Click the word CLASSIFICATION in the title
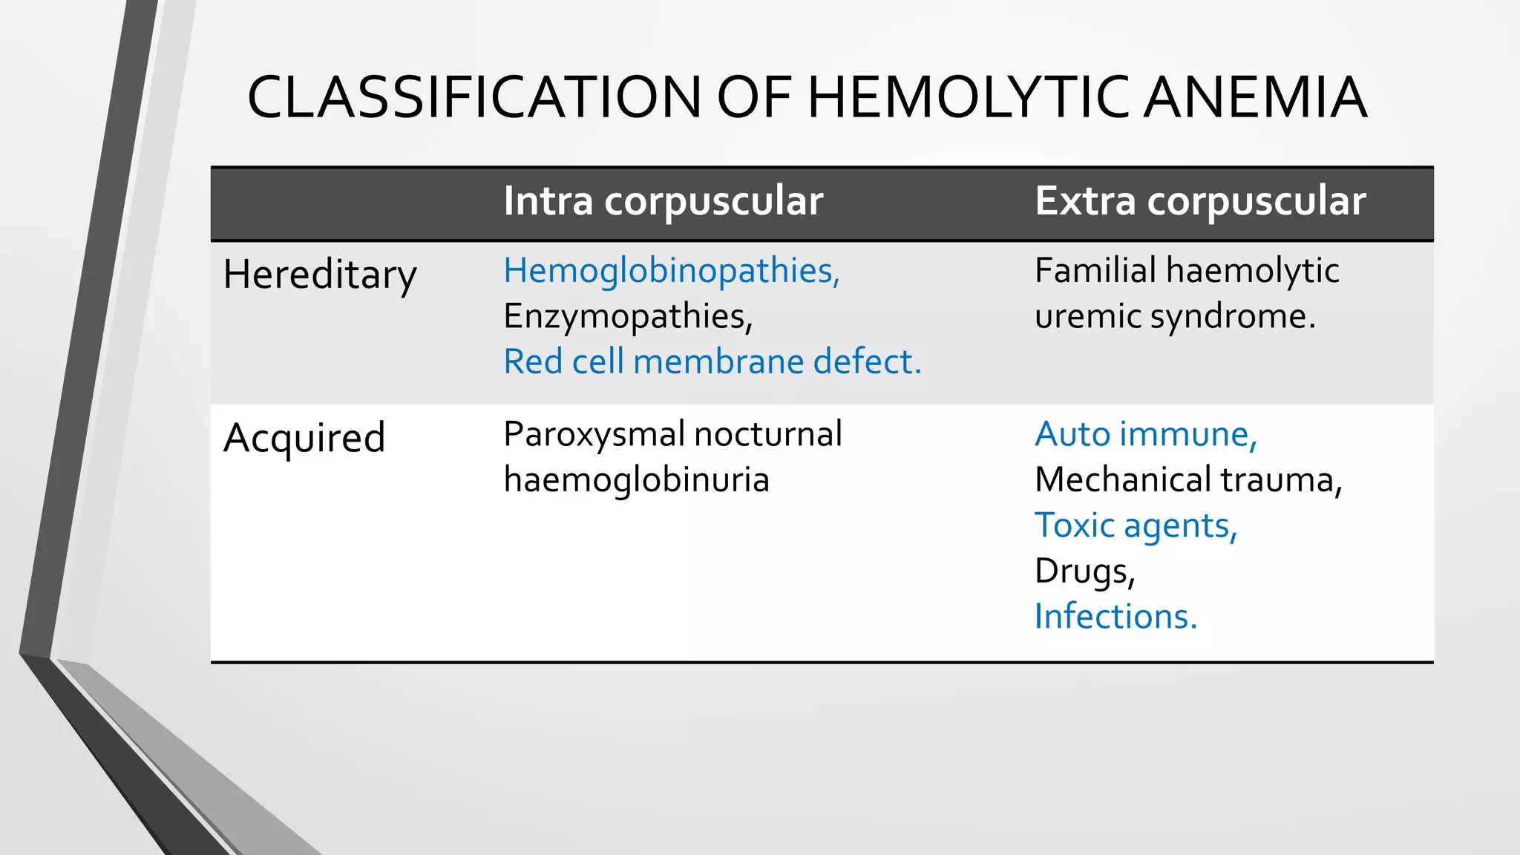tap(474, 97)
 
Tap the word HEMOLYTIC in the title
tap(969, 97)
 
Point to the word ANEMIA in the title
tap(1254, 97)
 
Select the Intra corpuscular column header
tap(663, 201)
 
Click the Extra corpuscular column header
tap(1199, 201)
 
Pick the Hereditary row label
tap(320, 275)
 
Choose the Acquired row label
tap(304, 437)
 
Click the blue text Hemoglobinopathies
tap(671, 270)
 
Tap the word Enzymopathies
tap(627, 316)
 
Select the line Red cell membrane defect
tap(712, 361)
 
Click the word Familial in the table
tap(1095, 270)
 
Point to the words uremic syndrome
tap(1174, 316)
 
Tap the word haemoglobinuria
tap(636, 479)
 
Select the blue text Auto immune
tap(1145, 434)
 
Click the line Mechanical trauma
tap(1187, 479)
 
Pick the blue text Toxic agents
tap(1136, 525)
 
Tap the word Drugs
tap(1084, 571)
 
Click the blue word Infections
tap(1115, 617)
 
